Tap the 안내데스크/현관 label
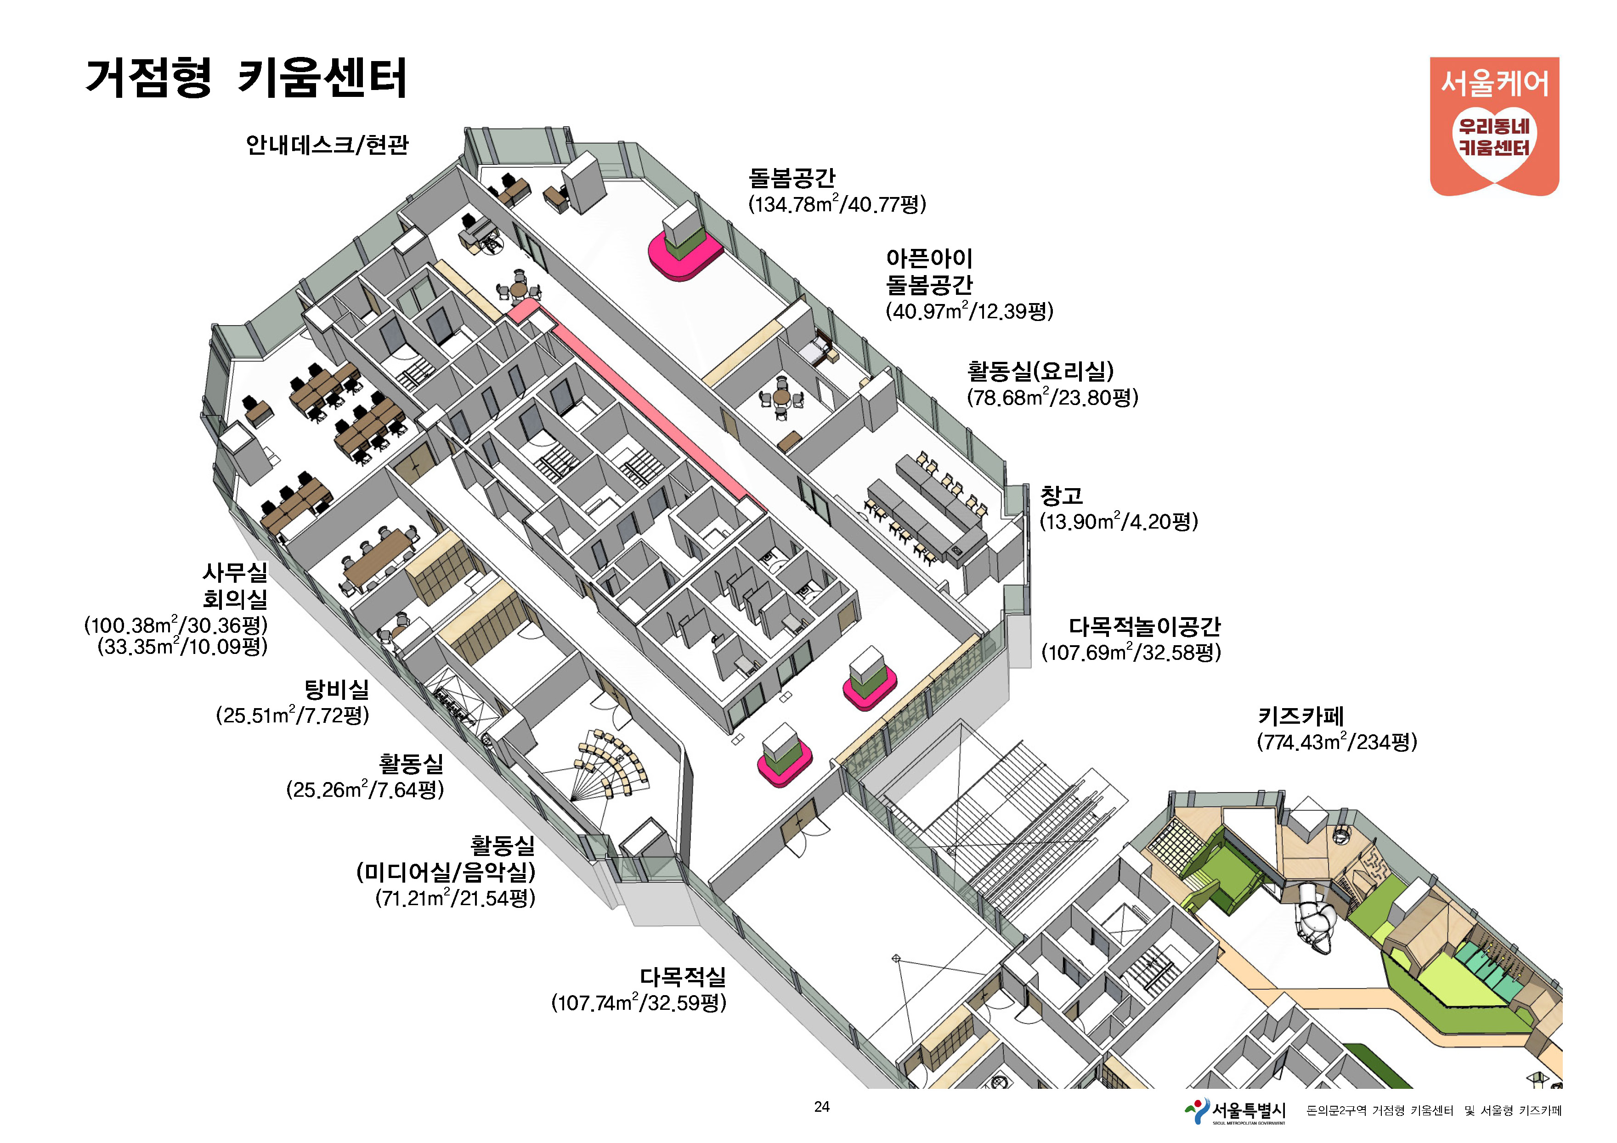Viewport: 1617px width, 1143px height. [x=327, y=144]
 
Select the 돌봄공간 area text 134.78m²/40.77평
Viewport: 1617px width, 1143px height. [x=837, y=204]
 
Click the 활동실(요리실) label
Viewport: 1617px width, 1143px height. [x=1040, y=371]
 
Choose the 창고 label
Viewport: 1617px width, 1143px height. [x=1061, y=495]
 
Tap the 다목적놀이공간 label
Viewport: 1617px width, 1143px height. [x=1144, y=626]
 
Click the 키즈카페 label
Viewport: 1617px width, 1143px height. [x=1301, y=716]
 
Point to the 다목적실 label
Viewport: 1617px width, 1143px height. [x=683, y=976]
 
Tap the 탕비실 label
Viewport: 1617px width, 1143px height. [x=337, y=689]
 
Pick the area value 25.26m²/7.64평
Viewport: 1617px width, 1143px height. [x=365, y=790]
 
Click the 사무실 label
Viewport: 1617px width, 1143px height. [x=235, y=572]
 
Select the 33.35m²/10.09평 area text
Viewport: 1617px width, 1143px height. [x=182, y=646]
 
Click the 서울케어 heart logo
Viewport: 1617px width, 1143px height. [x=1494, y=127]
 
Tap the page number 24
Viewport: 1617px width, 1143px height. [x=821, y=1106]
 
